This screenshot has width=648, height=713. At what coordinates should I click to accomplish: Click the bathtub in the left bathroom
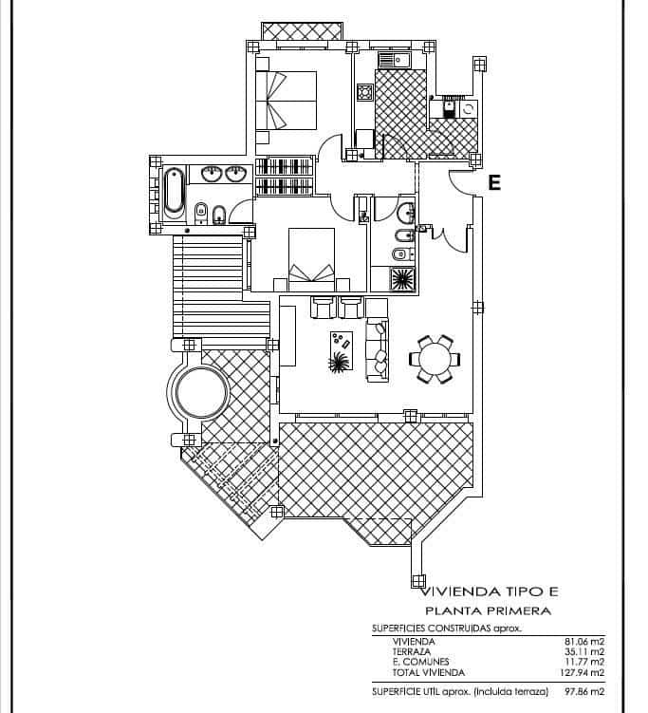pyautogui.click(x=174, y=191)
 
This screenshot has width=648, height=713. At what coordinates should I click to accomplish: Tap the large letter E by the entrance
pyautogui.click(x=493, y=183)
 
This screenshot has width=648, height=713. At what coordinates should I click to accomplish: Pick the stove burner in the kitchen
pyautogui.click(x=364, y=93)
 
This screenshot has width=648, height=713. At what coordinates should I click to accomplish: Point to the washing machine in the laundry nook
pyautogui.click(x=468, y=111)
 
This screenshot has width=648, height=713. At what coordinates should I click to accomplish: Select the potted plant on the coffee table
pyautogui.click(x=339, y=363)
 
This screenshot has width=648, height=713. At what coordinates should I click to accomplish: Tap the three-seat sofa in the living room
pyautogui.click(x=378, y=347)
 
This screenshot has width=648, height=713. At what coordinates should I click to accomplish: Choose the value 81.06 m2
pyautogui.click(x=583, y=642)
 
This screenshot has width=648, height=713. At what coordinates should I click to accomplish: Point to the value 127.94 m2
pyautogui.click(x=582, y=673)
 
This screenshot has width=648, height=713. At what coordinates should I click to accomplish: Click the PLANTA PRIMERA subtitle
pyautogui.click(x=487, y=611)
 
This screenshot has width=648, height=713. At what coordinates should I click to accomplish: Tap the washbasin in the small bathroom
pyautogui.click(x=405, y=211)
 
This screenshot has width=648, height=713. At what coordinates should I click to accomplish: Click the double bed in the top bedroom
pyautogui.click(x=288, y=100)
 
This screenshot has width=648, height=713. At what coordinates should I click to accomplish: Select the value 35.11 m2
pyautogui.click(x=583, y=652)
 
